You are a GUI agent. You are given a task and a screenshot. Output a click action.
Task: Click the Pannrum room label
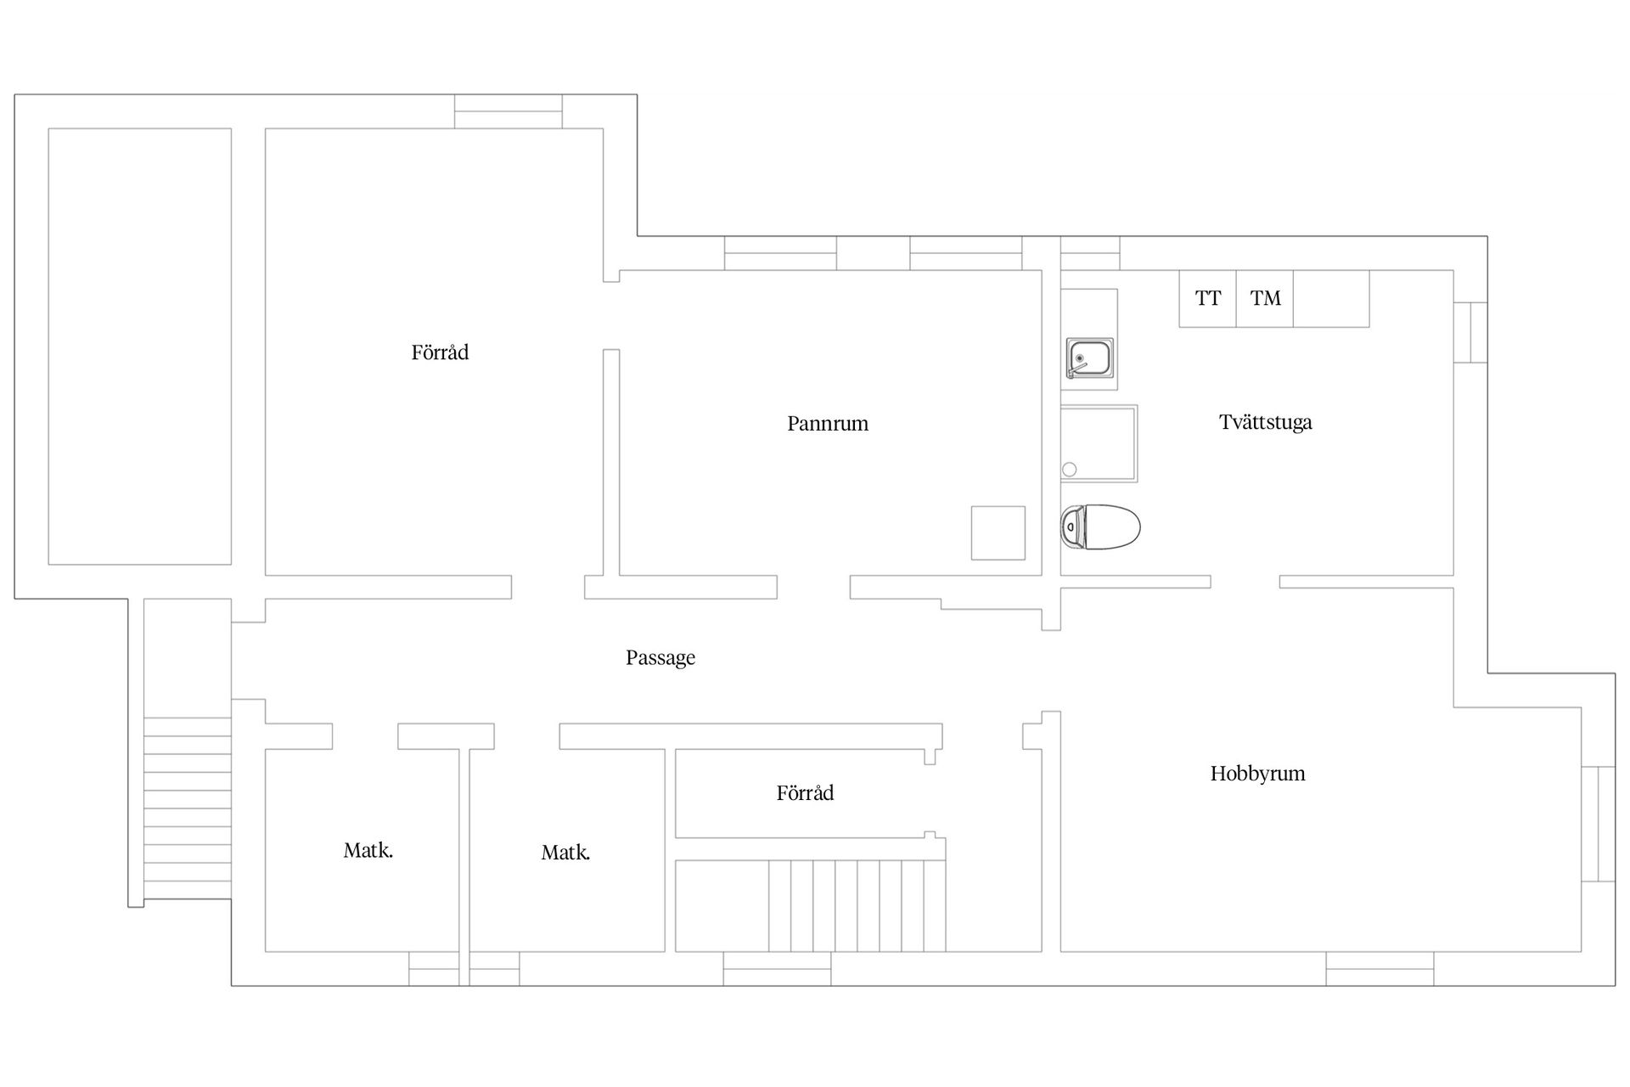point(828,423)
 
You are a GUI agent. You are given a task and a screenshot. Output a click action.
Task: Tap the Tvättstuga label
point(1266,422)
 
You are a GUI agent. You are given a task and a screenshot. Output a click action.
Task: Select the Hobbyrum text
point(1257,774)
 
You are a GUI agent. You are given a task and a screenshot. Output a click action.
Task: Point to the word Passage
point(660,657)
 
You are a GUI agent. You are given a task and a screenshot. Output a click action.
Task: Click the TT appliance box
point(1207,298)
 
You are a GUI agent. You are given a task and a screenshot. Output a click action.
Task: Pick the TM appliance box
point(1265,298)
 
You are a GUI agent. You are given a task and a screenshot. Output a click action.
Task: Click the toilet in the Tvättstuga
point(1100,527)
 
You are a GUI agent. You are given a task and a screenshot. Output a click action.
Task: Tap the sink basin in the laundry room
point(1090,359)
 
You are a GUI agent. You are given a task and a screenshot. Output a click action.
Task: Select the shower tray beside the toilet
point(1099,443)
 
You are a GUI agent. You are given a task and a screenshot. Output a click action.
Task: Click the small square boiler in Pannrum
point(998,532)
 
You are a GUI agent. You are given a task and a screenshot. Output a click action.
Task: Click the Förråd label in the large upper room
point(440,352)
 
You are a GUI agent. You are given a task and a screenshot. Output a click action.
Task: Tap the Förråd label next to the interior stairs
point(805,793)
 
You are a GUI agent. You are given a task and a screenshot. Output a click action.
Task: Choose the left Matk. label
point(368,850)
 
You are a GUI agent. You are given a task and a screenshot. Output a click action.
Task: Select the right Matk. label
point(565,853)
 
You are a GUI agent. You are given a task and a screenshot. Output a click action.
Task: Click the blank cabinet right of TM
point(1331,298)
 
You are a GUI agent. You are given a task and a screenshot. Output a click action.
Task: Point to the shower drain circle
point(1070,470)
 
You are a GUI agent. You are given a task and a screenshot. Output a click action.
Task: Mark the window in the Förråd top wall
point(508,111)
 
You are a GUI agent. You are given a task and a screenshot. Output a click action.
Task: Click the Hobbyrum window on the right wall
point(1598,824)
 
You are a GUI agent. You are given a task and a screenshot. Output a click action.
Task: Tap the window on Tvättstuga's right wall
point(1470,332)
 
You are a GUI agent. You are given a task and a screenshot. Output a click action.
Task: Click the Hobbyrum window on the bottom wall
point(1380,969)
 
